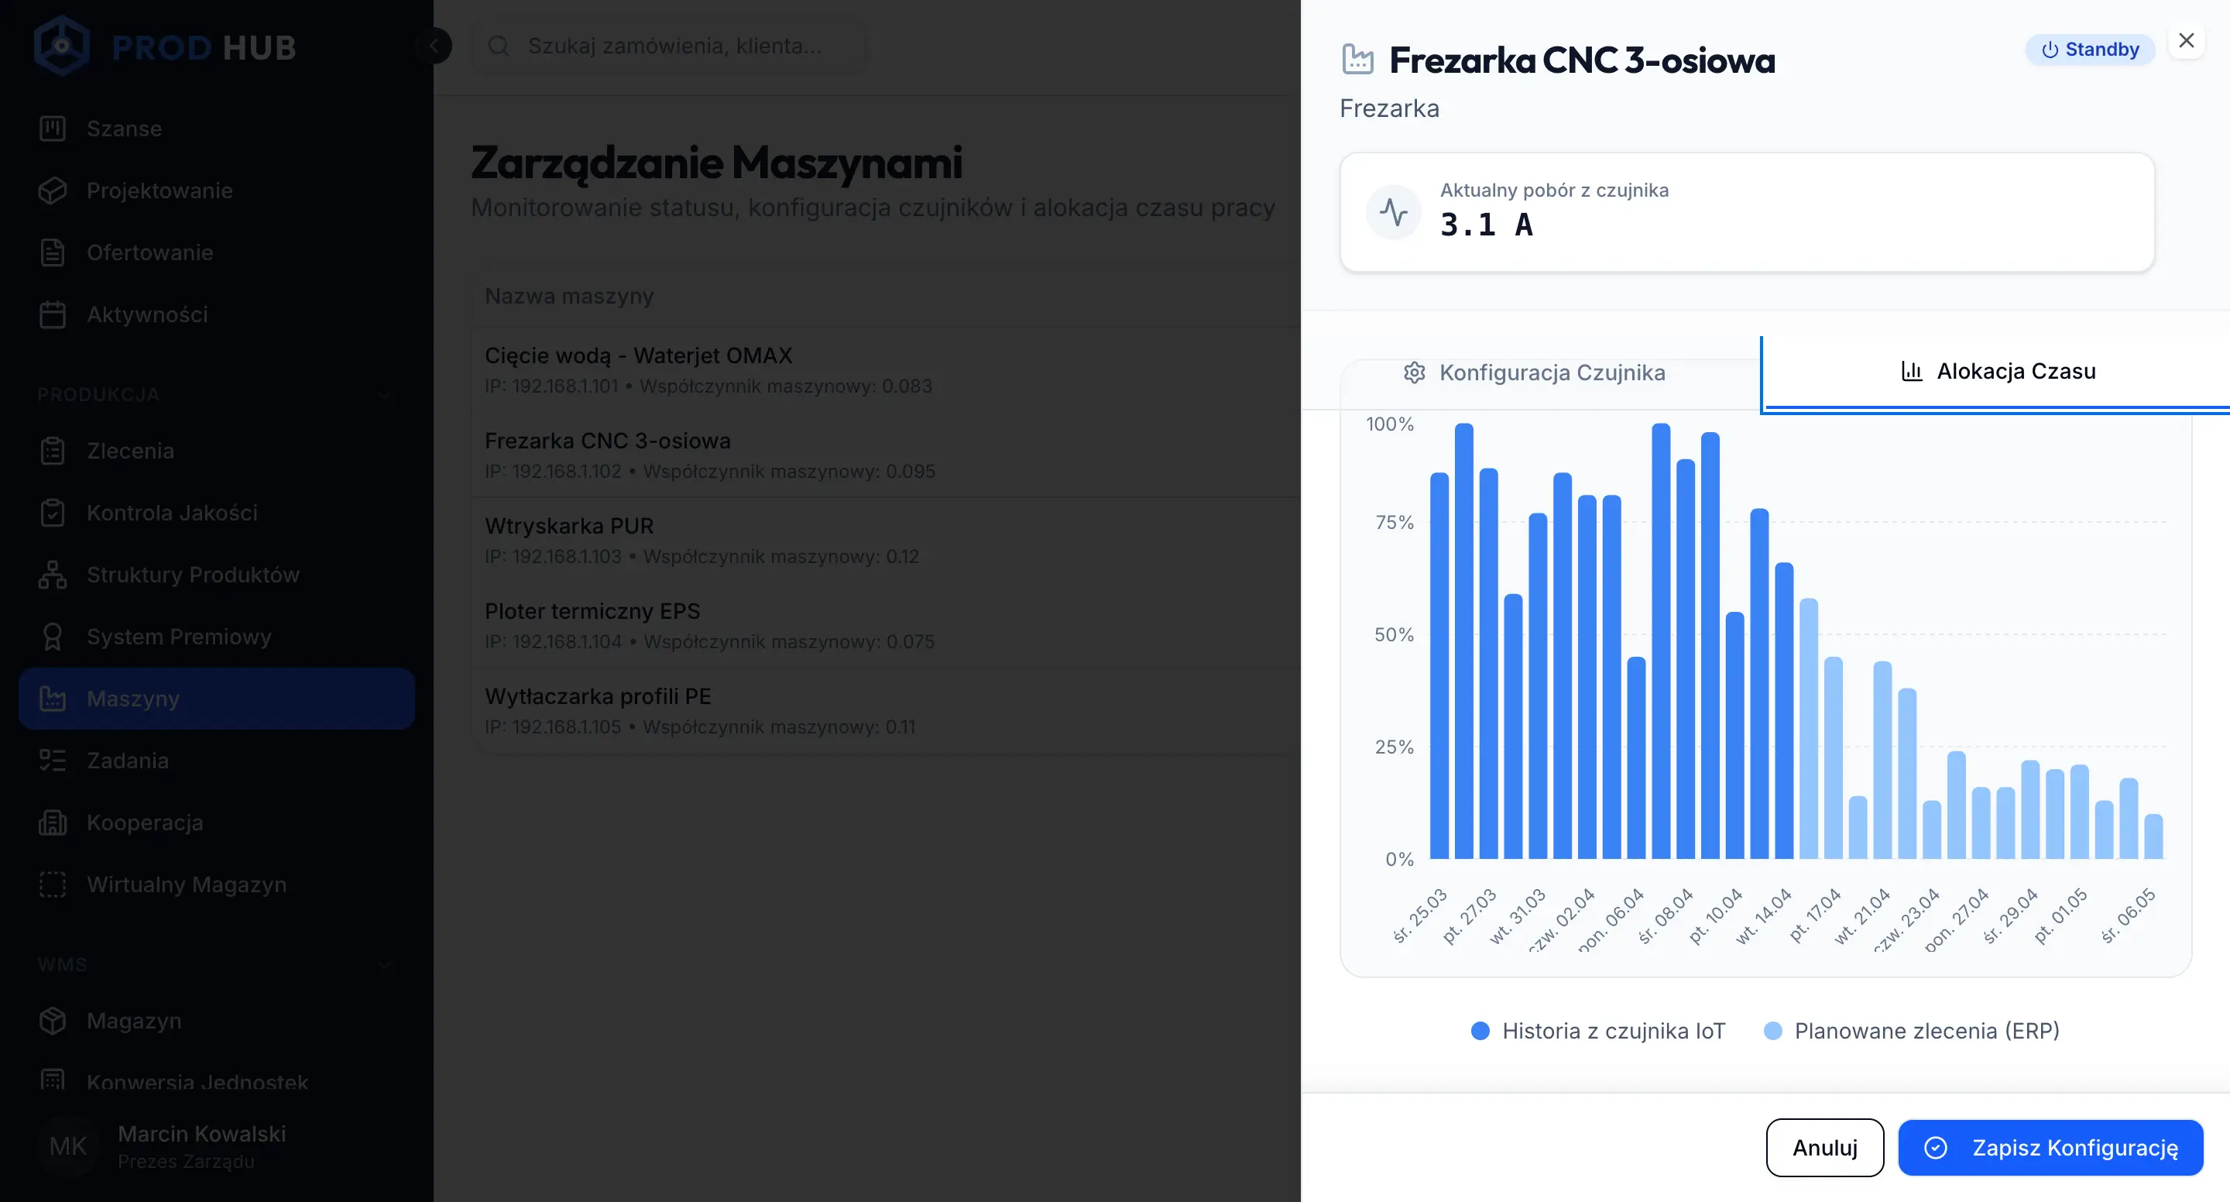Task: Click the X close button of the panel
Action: click(2186, 41)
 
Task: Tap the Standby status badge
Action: click(2090, 50)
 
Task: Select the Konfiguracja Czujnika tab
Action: click(1534, 373)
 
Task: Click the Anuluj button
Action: click(1824, 1148)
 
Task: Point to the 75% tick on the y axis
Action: click(1394, 522)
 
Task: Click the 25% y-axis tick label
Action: click(1394, 747)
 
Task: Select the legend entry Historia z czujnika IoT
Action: click(1598, 1031)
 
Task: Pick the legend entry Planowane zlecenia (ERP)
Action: click(1913, 1031)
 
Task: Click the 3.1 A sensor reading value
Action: click(1487, 225)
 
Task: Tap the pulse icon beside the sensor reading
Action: click(1393, 212)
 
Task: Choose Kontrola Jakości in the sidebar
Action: click(171, 513)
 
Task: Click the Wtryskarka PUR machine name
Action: click(569, 526)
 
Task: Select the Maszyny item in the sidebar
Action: click(133, 699)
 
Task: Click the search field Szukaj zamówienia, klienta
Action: click(674, 46)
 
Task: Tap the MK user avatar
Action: click(67, 1145)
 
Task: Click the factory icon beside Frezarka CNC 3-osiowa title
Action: click(1357, 60)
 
